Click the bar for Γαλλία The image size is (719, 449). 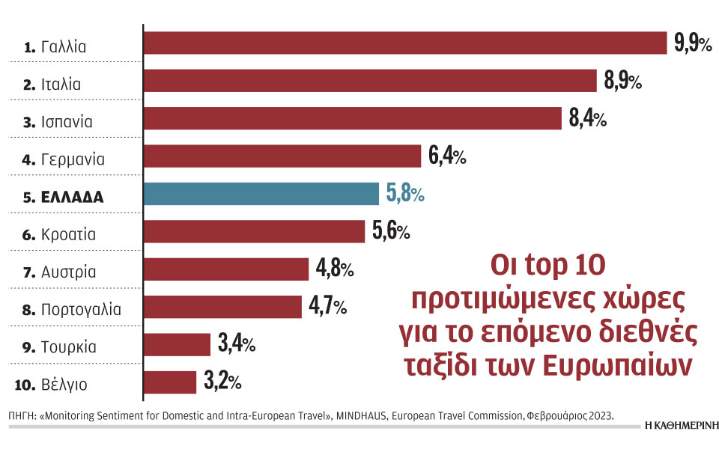coord(404,43)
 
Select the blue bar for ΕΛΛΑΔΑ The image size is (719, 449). coord(261,194)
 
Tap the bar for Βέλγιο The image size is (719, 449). coord(169,382)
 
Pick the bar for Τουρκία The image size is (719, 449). coord(177,344)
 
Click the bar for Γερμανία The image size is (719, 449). coord(282,156)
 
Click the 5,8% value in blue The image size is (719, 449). coord(405,195)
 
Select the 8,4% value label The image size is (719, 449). coord(587,119)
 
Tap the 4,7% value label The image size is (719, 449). coord(328,307)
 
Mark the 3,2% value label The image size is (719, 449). coord(222,382)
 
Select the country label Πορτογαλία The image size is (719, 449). coord(81,309)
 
